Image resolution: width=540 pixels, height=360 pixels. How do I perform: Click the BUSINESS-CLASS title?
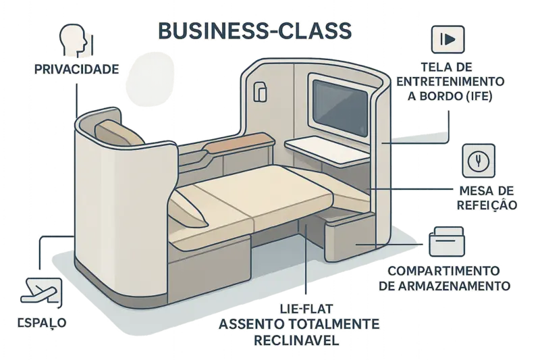click(x=253, y=30)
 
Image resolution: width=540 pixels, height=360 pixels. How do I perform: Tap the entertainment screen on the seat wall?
click(x=339, y=99)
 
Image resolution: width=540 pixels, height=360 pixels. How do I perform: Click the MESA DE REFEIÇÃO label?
click(x=487, y=197)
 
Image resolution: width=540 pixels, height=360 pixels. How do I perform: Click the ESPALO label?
click(x=41, y=323)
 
